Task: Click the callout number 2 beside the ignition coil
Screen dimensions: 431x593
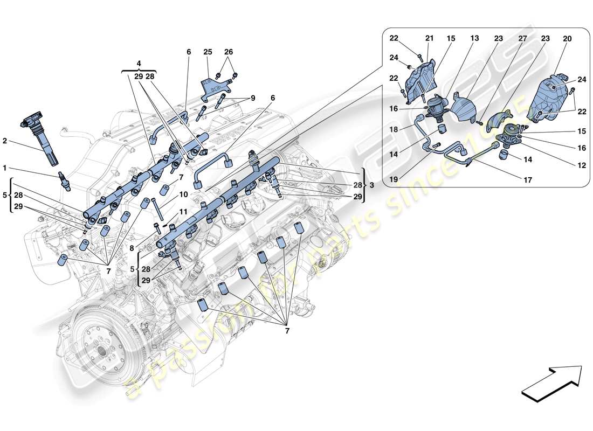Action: click(5, 141)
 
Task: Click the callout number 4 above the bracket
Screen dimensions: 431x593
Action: click(139, 63)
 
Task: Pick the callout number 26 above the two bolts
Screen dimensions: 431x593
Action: click(229, 52)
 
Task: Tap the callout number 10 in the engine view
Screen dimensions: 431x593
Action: click(184, 194)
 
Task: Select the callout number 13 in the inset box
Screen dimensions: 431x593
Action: click(474, 39)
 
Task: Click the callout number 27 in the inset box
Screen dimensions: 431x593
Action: click(522, 39)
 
